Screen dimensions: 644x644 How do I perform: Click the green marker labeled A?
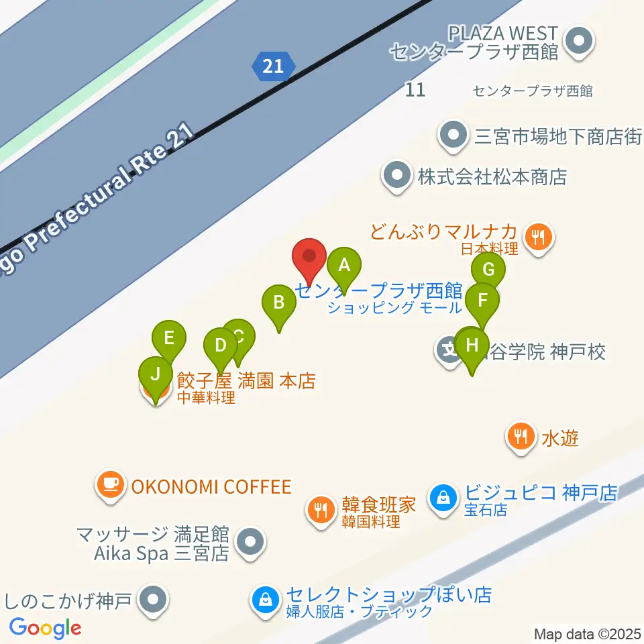click(344, 266)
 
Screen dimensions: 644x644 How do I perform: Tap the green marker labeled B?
click(278, 303)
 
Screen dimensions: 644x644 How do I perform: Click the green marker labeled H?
click(473, 346)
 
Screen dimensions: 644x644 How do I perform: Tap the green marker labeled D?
click(220, 346)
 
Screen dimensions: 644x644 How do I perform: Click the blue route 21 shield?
click(273, 66)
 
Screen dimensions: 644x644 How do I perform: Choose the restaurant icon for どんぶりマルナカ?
click(538, 237)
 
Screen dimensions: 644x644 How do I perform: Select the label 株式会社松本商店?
click(492, 177)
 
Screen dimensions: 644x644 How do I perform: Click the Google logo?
click(46, 628)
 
